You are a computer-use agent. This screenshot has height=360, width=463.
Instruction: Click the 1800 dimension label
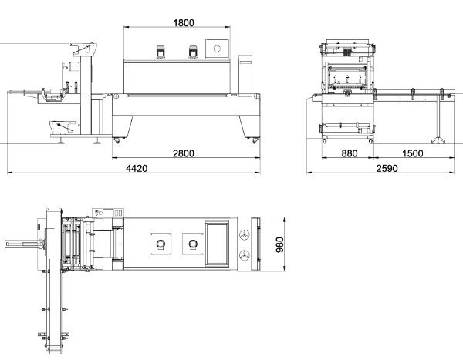pyautogui.click(x=184, y=22)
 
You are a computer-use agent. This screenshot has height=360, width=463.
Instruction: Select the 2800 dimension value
pyautogui.click(x=184, y=153)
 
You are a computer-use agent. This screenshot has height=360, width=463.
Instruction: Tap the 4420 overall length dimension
pyautogui.click(x=137, y=168)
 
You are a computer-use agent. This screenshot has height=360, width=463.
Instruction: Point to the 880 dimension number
pyautogui.click(x=350, y=153)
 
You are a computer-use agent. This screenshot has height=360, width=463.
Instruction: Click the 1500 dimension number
pyautogui.click(x=413, y=153)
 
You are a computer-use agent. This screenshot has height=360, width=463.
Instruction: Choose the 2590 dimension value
pyautogui.click(x=387, y=168)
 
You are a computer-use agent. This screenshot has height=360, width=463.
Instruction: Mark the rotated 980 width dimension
pyautogui.click(x=279, y=244)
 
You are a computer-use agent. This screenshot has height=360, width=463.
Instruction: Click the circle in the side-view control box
pyautogui.click(x=217, y=49)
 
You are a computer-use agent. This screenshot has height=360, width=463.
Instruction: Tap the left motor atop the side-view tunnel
pyautogui.click(x=161, y=52)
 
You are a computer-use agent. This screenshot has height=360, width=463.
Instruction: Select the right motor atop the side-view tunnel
pyautogui.click(x=193, y=52)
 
